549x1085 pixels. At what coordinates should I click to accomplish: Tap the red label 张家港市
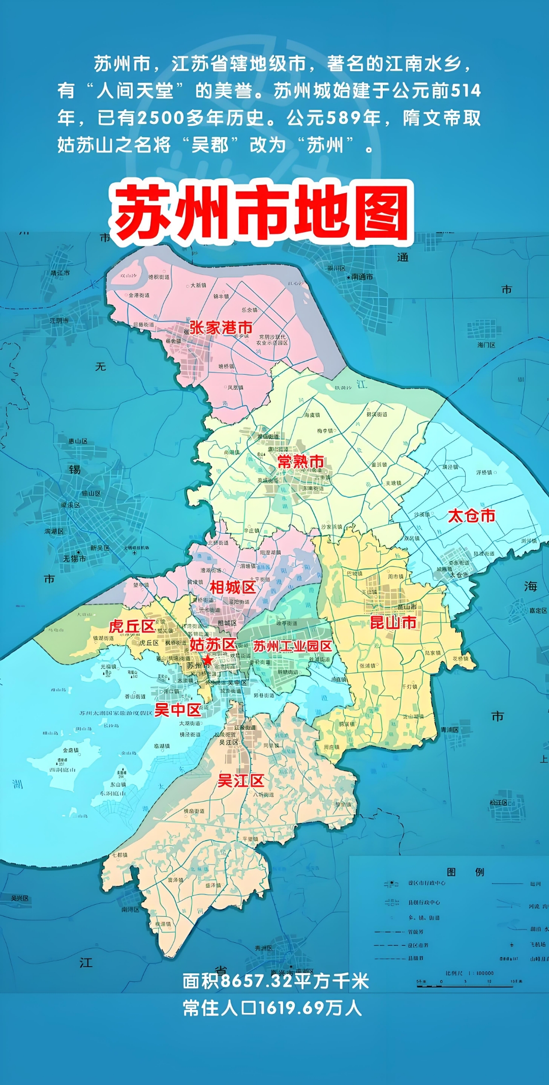(221, 328)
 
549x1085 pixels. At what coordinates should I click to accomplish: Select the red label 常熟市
(300, 462)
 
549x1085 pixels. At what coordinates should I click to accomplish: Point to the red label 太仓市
(471, 516)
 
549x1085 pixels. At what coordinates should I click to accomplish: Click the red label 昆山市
(393, 623)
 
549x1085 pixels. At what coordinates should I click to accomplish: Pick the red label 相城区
(233, 588)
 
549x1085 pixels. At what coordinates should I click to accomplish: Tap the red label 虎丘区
(132, 626)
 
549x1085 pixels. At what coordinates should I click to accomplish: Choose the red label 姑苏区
(213, 645)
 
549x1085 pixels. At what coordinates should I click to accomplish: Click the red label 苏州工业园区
(292, 646)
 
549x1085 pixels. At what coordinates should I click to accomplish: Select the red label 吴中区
(178, 710)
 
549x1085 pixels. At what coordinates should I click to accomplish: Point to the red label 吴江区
(241, 781)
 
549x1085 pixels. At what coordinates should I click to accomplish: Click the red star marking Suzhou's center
(208, 660)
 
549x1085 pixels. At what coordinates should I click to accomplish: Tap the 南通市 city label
(361, 277)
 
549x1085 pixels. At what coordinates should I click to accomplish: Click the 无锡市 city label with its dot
(75, 558)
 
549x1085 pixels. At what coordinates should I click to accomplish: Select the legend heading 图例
(465, 872)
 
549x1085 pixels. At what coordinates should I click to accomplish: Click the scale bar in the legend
(465, 986)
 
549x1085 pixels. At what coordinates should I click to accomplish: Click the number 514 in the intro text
(466, 91)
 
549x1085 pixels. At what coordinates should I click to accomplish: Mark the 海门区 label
(486, 345)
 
